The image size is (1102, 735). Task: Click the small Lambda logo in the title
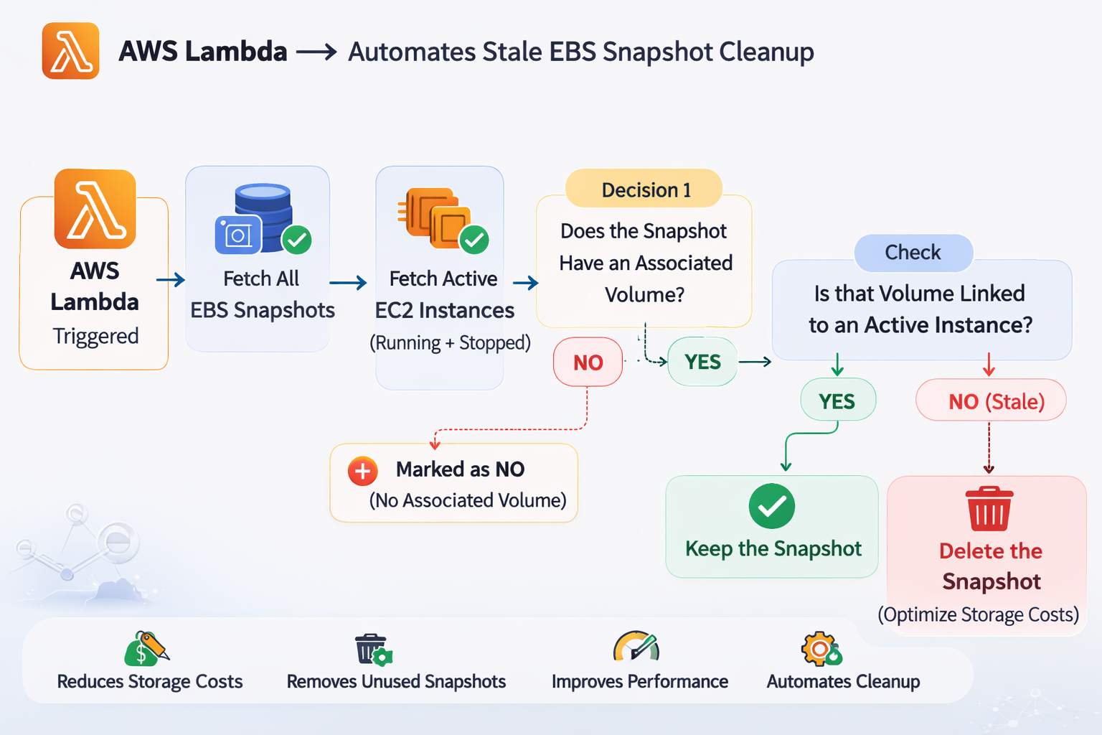70,51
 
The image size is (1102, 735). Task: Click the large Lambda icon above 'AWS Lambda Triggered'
95,209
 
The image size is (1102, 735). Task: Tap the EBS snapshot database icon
263,219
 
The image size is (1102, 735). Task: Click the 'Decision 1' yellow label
645,189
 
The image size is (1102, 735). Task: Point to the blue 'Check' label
913,253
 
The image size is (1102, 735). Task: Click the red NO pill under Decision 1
588,362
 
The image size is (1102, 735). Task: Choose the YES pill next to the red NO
702,362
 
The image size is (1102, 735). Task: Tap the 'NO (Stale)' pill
991,401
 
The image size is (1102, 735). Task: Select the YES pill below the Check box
837,401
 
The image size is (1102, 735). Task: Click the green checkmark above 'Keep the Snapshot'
771,507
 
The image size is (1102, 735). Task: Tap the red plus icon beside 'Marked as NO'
363,472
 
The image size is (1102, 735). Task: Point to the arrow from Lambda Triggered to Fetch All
171,280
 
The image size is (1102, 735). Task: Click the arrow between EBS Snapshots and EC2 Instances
349,283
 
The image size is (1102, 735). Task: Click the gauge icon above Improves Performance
636,647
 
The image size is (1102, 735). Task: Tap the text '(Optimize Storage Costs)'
978,615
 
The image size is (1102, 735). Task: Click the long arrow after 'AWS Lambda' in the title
316,52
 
